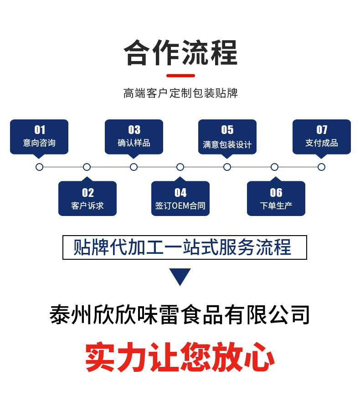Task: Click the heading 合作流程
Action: click(180, 53)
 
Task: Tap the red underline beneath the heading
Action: click(180, 76)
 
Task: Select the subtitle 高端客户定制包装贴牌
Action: click(180, 93)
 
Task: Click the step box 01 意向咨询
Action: click(39, 137)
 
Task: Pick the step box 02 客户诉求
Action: click(87, 198)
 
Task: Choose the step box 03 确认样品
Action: click(134, 137)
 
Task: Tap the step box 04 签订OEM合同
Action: click(180, 198)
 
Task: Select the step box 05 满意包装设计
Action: click(227, 137)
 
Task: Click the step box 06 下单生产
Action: click(276, 198)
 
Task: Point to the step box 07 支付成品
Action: click(322, 137)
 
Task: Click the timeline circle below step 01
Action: click(39, 167)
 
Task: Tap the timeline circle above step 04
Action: click(180, 167)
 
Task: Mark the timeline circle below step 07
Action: click(322, 167)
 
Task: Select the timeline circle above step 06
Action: click(274, 167)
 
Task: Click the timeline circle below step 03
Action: click(134, 167)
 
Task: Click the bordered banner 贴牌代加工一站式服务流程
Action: click(185, 247)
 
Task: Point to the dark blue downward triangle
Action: click(180, 275)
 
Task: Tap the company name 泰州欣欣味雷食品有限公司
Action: click(180, 315)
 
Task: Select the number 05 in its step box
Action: click(227, 130)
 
